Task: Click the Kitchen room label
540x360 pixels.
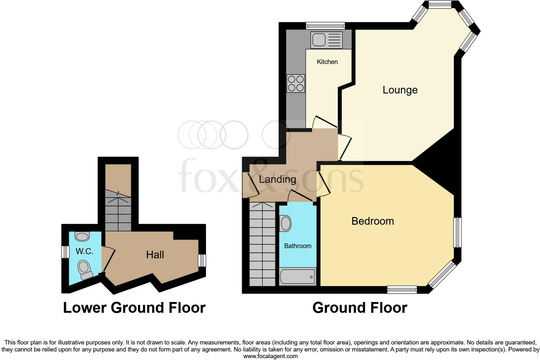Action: click(327, 62)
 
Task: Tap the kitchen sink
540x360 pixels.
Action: click(326, 40)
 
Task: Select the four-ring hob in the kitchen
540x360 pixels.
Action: click(296, 83)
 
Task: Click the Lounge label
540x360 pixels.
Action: click(400, 90)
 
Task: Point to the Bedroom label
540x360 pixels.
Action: click(372, 221)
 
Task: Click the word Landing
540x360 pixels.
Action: click(277, 179)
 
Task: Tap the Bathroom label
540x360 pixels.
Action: click(298, 246)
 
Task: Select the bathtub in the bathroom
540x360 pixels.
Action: click(297, 277)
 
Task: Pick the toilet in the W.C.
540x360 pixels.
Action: click(85, 269)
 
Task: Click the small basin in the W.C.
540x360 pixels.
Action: click(82, 236)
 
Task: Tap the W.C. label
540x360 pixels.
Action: click(84, 251)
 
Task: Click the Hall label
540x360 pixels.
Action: click(155, 254)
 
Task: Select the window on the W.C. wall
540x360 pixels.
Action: click(65, 252)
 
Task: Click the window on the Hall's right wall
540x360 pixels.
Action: click(202, 260)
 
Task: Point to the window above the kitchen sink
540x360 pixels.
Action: click(325, 26)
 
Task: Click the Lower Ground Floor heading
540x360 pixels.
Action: click(134, 308)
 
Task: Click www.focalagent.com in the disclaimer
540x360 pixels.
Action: click(270, 356)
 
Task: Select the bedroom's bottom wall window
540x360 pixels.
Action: click(402, 289)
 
